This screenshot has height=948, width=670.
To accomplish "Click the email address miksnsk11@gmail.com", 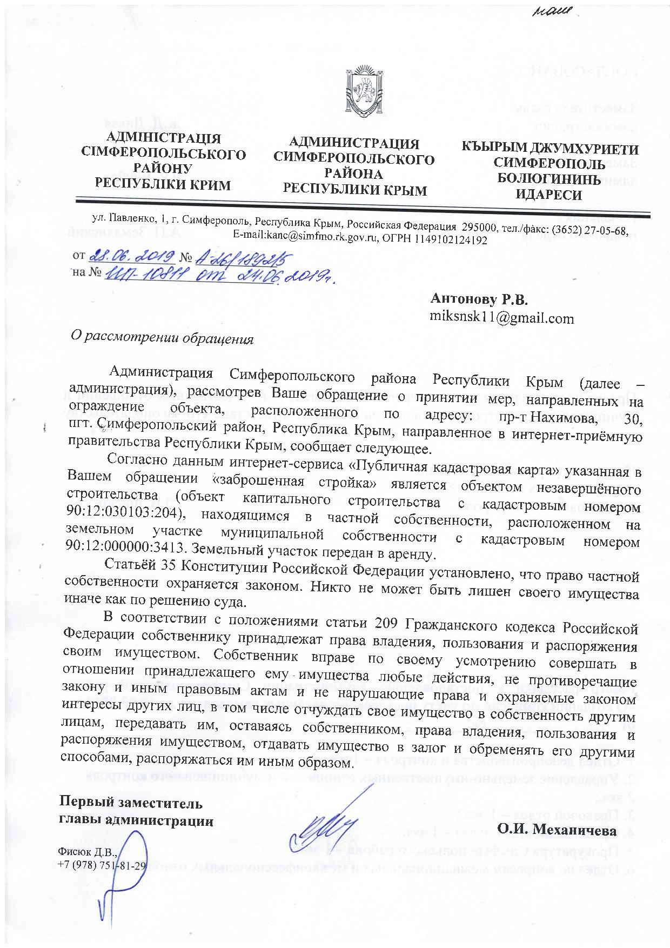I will pos(501,318).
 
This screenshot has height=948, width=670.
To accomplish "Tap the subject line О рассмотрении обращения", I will pos(163,338).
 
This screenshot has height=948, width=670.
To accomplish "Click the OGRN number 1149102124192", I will pos(451,239).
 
